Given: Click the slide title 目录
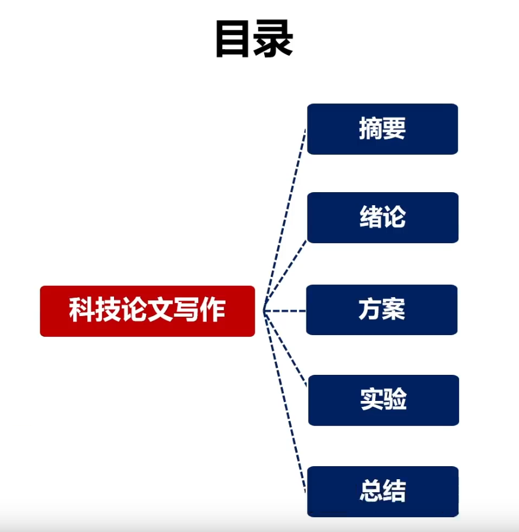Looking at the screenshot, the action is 254,39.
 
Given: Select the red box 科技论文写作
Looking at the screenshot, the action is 147,311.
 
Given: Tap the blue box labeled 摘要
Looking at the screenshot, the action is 382,129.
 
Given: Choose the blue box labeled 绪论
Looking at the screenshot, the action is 382,218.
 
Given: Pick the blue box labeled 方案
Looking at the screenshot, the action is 382,310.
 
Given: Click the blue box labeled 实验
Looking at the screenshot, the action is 383,400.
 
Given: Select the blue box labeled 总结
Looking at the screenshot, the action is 383,491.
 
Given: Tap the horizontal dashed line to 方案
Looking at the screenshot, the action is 285,310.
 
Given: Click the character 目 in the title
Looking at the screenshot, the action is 233,39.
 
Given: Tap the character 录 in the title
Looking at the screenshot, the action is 274,39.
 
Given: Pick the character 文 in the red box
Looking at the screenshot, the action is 160,310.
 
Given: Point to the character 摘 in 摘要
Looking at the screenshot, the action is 371,129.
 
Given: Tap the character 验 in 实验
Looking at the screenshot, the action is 395,400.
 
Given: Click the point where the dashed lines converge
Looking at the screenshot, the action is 264,310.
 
